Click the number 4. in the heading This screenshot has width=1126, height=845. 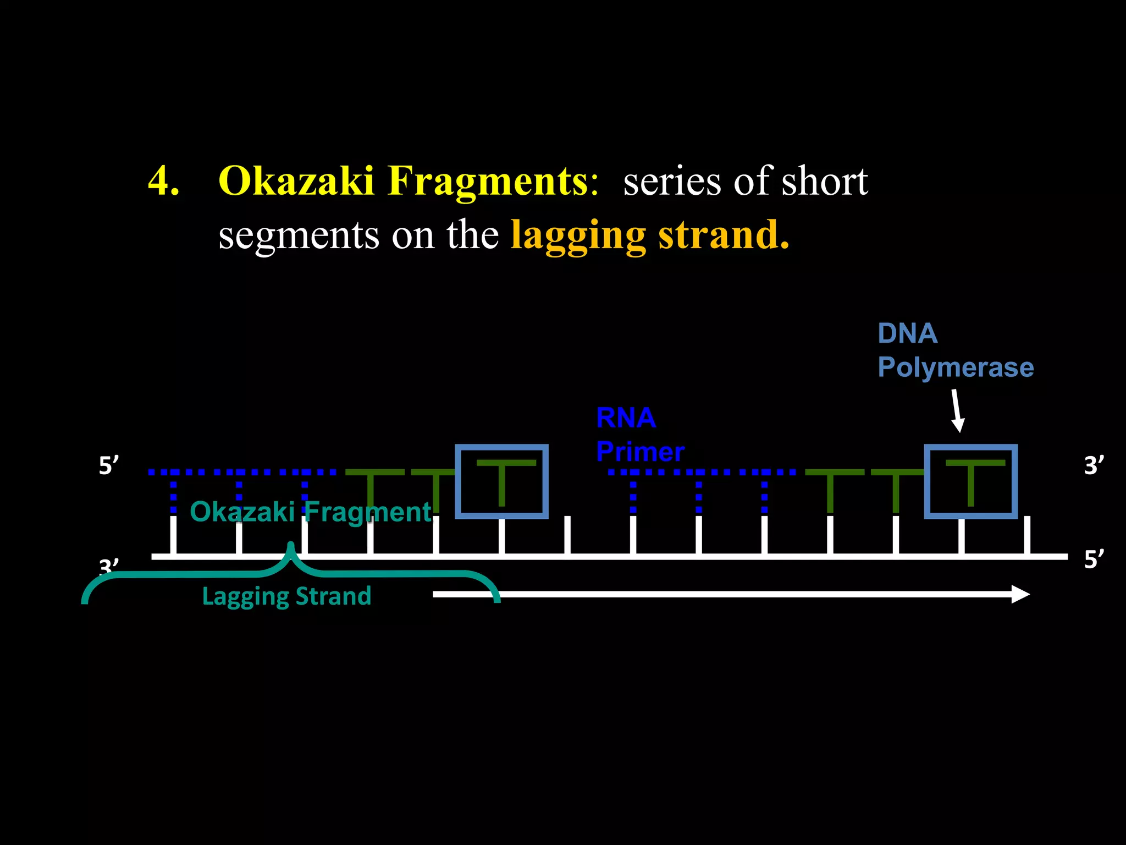(x=163, y=182)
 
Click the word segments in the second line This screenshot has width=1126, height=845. (x=299, y=235)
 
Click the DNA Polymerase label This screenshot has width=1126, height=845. (x=955, y=350)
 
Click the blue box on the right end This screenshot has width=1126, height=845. (x=970, y=481)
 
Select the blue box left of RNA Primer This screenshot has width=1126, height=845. (x=501, y=481)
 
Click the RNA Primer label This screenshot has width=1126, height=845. (x=640, y=435)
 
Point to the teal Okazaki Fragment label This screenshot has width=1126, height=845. (x=311, y=512)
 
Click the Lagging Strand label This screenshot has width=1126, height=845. (x=286, y=596)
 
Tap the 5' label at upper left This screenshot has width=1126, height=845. (x=108, y=465)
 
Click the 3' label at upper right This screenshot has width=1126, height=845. (x=1094, y=465)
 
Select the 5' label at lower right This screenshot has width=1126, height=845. (x=1094, y=559)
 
